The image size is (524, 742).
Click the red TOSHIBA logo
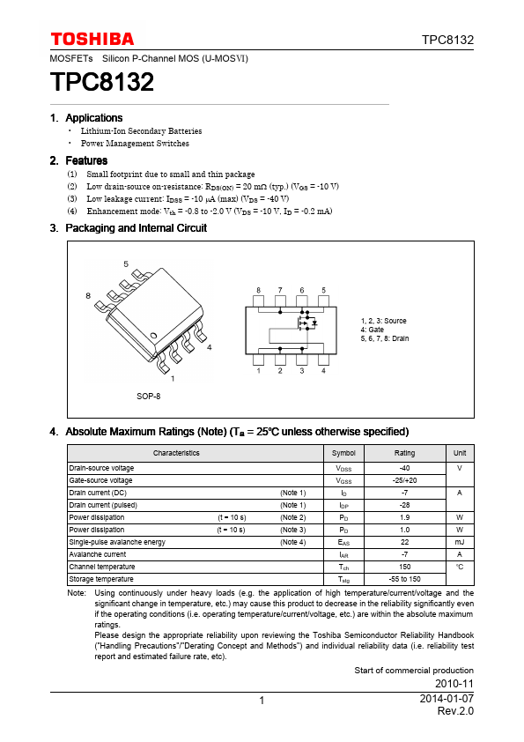pos(92,39)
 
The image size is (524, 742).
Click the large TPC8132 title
pos(102,83)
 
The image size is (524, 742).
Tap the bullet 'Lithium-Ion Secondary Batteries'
pos(141,131)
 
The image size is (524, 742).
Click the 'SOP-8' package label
pos(148,397)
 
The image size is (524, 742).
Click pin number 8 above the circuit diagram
pos(258,290)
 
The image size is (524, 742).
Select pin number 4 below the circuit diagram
pos(323,371)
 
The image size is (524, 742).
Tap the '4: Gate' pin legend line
pos(372,330)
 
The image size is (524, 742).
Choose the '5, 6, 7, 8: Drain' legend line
pos(385,338)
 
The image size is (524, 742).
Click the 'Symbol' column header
pos(343,453)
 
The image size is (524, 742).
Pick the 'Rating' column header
pos(404,453)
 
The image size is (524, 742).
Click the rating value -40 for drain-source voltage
pos(404,468)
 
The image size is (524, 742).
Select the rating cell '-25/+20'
pos(404,480)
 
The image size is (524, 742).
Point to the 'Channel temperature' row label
pos(102,567)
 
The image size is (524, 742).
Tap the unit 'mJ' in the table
pos(460,542)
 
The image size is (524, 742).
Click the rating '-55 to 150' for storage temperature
pos(404,579)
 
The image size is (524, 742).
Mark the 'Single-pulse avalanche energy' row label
pos(117,542)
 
